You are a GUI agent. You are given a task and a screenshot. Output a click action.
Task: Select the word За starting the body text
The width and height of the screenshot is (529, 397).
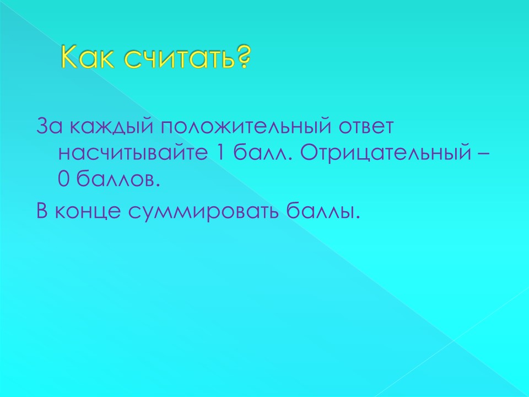pyautogui.click(x=49, y=126)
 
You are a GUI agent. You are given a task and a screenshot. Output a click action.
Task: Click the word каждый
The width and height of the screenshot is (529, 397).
pyautogui.click(x=111, y=126)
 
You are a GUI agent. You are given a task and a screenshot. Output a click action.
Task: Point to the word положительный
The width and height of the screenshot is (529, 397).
pyautogui.click(x=245, y=126)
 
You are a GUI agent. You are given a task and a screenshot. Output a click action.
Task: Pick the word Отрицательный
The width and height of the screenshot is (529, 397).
pyautogui.click(x=385, y=153)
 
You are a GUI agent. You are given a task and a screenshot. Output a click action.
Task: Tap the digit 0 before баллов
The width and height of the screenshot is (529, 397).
pyautogui.click(x=63, y=179)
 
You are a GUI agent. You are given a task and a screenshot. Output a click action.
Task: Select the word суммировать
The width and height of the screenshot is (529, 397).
pyautogui.click(x=203, y=212)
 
